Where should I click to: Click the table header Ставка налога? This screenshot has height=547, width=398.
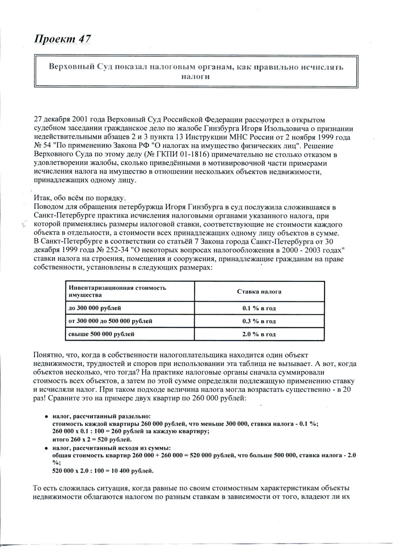coord(259,292)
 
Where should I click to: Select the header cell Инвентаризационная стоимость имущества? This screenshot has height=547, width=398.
coord(117,291)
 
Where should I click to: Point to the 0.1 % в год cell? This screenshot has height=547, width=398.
coord(259,308)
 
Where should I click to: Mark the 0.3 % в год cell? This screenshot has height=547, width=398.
coord(259,321)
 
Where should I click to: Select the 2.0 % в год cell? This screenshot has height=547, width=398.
coord(259,334)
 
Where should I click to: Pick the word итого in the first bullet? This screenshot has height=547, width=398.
coord(61,439)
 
